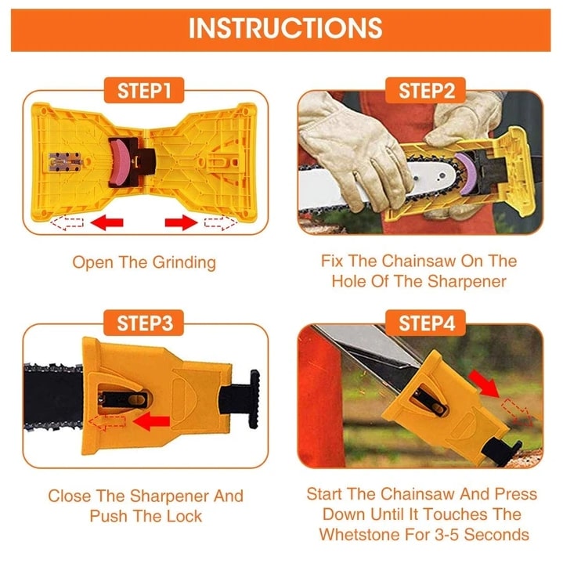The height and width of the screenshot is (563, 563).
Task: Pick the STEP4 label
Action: (427, 322)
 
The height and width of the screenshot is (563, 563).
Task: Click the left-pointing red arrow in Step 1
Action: (106, 223)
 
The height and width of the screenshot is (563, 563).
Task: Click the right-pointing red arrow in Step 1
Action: (179, 223)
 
